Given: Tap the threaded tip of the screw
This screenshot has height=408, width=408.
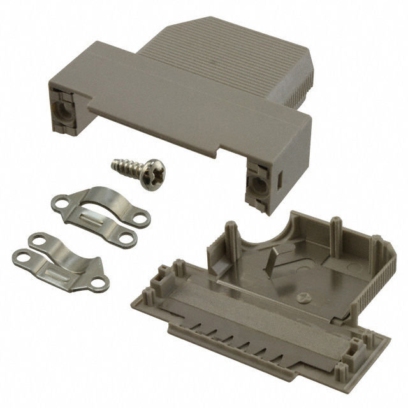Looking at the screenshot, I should click(x=114, y=166).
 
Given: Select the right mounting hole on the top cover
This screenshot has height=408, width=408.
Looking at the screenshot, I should click(x=259, y=184).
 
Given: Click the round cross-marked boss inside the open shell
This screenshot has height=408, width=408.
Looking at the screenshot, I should click(x=305, y=295).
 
